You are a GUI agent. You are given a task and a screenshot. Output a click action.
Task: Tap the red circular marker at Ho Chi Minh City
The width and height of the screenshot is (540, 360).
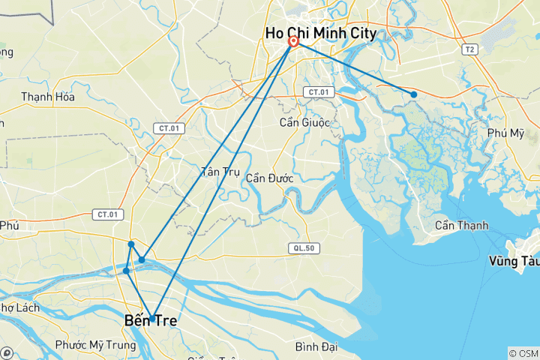click(x=293, y=41)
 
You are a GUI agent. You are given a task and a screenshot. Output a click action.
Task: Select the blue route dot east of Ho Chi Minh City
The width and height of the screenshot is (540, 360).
click(x=413, y=94)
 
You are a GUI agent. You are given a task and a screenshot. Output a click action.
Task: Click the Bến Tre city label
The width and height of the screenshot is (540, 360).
click(x=151, y=321)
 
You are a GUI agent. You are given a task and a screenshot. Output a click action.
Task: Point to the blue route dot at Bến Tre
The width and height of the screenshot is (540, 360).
click(x=152, y=319)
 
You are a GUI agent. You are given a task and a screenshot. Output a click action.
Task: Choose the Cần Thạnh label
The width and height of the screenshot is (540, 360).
click(x=461, y=226)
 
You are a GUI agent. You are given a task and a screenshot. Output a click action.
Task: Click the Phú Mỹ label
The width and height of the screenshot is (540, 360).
click(x=505, y=133)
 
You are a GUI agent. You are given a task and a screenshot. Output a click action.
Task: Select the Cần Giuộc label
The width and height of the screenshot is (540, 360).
click(x=304, y=123)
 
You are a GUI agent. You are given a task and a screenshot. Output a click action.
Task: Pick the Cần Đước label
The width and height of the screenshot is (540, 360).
click(x=269, y=178)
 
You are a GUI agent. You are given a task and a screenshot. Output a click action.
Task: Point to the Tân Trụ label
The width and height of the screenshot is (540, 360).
click(x=220, y=172)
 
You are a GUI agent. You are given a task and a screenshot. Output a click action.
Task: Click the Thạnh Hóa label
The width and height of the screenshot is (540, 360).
click(x=48, y=97)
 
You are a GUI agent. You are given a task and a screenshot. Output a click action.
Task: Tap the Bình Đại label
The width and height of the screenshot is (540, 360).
click(x=316, y=346)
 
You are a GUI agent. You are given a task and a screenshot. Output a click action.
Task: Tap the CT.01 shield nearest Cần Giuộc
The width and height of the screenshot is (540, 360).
click(x=316, y=91)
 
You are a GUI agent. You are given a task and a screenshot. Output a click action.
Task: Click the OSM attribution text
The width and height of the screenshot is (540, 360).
click(x=523, y=353)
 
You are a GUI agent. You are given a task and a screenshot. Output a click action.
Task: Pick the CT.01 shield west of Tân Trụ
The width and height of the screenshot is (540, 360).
click(x=169, y=128)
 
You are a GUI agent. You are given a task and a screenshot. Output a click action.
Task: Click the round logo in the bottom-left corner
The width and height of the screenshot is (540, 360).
click(x=7, y=352)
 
